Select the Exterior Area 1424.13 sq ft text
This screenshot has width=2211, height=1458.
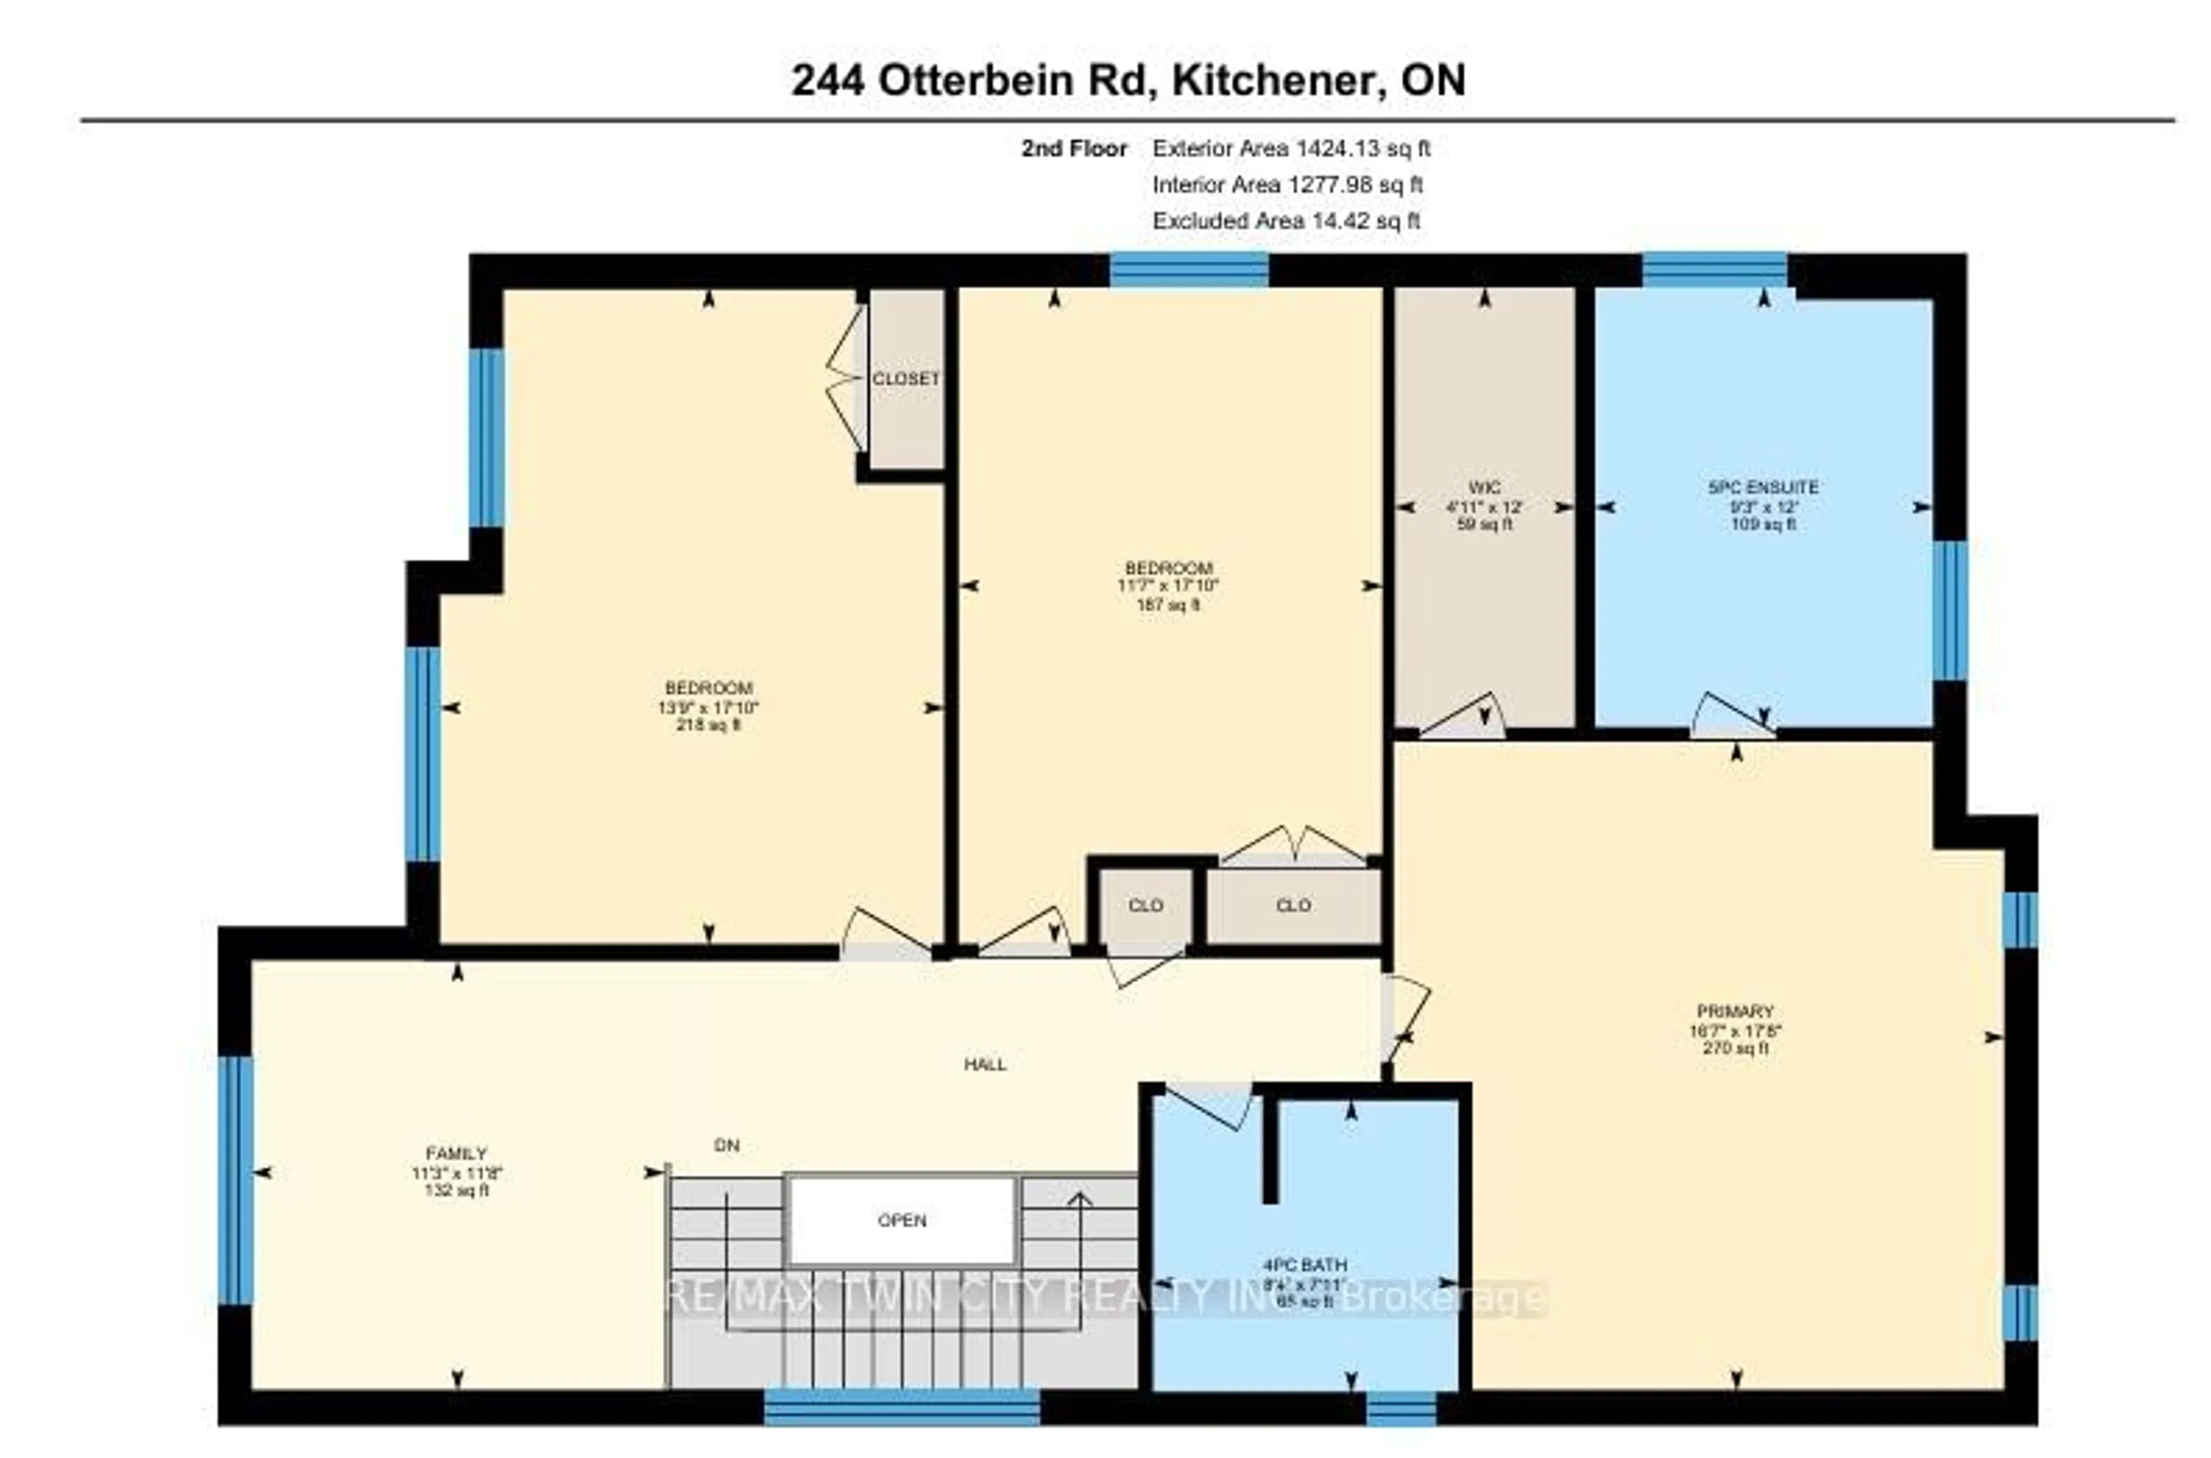1290,149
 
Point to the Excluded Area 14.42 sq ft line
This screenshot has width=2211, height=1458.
1286,221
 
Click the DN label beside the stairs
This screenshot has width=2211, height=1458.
727,1145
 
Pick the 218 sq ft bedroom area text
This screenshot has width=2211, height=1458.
708,725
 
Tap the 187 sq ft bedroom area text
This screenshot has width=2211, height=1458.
1168,604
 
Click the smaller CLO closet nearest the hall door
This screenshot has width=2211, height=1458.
1145,905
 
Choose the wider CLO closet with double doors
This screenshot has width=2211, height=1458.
1293,905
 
